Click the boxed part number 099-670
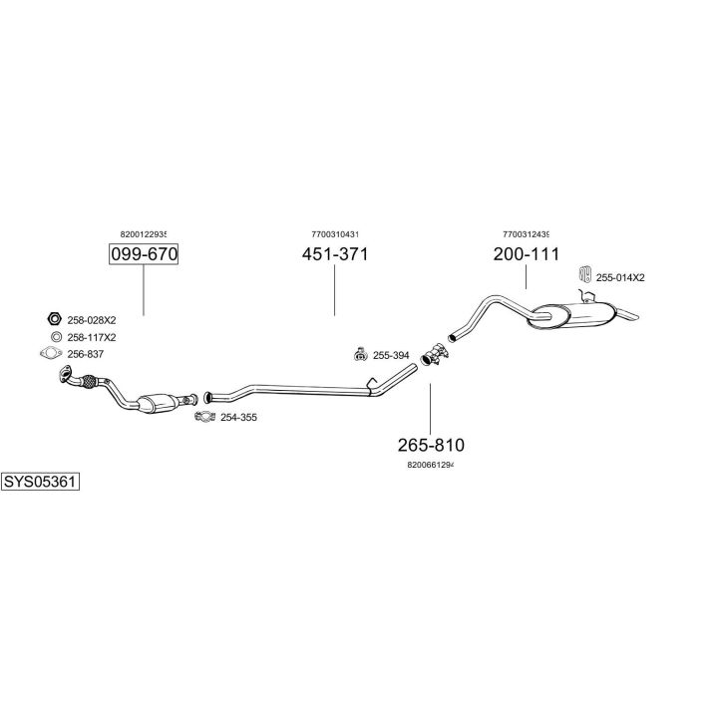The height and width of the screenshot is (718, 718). click(144, 254)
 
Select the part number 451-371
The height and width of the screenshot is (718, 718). click(335, 254)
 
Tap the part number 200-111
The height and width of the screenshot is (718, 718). click(527, 254)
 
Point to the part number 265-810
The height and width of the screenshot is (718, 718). click(431, 445)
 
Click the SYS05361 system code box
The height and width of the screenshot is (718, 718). click(40, 482)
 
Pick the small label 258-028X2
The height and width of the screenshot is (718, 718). click(92, 320)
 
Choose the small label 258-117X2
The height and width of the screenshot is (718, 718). click(92, 337)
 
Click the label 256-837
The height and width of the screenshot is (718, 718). click(86, 354)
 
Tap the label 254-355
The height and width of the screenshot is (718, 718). click(238, 417)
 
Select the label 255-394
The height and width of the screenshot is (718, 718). click(391, 355)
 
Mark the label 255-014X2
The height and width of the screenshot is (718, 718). click(620, 277)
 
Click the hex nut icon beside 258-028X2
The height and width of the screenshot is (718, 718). click(55, 318)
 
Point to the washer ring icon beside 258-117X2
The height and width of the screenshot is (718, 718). click(56, 337)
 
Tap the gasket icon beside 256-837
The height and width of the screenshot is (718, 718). click(51, 353)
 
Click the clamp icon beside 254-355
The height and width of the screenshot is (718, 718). click(204, 417)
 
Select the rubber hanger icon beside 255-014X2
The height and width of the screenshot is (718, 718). click(584, 274)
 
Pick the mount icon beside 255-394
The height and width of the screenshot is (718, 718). click(361, 354)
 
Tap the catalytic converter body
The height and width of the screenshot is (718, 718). click(158, 403)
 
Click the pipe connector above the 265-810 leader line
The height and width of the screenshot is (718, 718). click(434, 354)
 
